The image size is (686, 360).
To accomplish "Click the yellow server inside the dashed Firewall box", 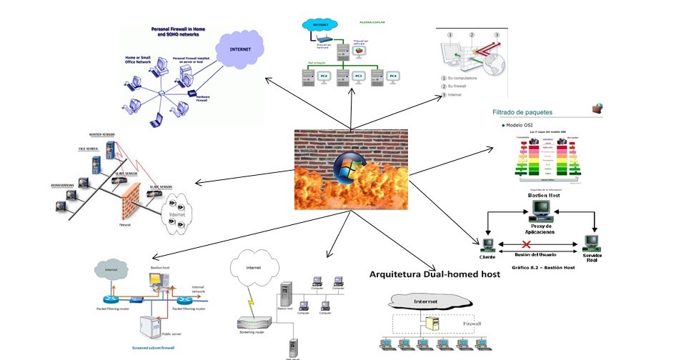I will tap(431, 324).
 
